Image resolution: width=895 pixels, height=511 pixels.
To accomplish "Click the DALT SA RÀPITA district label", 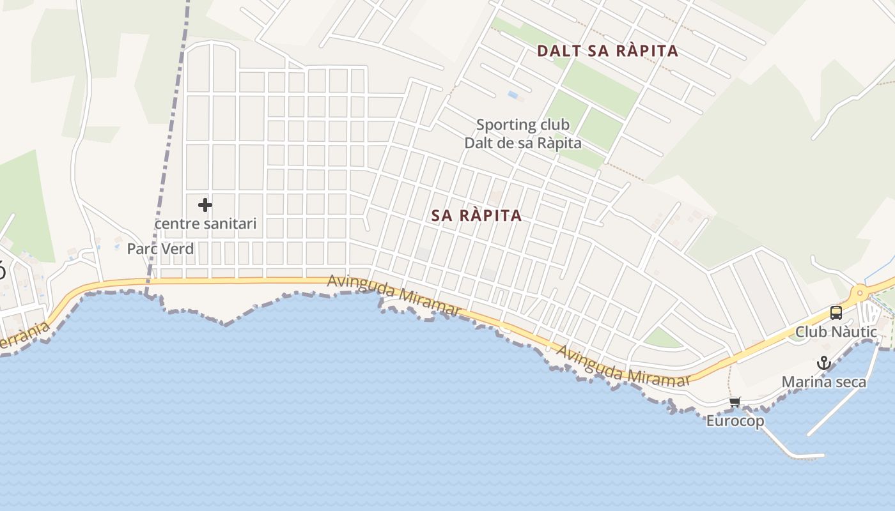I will [x=607, y=51].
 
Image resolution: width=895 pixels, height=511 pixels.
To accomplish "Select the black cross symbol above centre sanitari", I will [x=205, y=205].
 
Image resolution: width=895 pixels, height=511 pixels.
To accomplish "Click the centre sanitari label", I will [x=205, y=224].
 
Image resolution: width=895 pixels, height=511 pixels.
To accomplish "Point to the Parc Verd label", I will [x=160, y=248].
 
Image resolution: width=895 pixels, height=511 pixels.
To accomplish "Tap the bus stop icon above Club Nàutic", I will [x=836, y=313].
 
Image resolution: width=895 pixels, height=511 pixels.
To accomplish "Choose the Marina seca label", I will [x=824, y=382].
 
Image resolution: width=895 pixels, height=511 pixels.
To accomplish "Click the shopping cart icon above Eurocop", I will [x=735, y=402].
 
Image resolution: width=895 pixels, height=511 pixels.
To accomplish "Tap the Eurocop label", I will [x=735, y=421].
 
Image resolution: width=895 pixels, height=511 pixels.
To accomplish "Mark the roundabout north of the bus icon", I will [x=860, y=293].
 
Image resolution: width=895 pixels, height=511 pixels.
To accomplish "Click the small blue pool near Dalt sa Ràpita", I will [x=513, y=95].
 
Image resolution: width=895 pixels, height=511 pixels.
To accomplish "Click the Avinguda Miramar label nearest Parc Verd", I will [x=394, y=294].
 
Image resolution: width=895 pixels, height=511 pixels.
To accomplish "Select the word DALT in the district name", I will [x=556, y=51].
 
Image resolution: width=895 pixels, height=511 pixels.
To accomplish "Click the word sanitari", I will [x=230, y=224].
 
